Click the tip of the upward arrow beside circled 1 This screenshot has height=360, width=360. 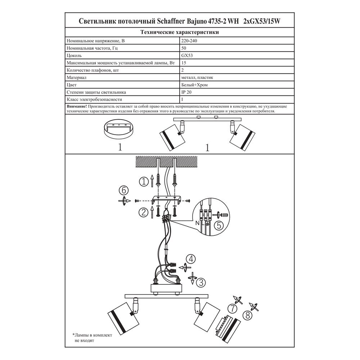pyautogui.click(x=152, y=175)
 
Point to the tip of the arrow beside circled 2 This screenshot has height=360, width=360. pyautogui.click(x=152, y=206)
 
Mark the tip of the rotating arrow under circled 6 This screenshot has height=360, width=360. pyautogui.click(x=130, y=201)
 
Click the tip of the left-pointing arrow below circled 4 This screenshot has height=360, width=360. pyautogui.click(x=179, y=267)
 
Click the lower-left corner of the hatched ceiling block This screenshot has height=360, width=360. pyautogui.click(x=136, y=167)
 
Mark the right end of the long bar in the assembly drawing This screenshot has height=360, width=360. pyautogui.click(x=208, y=296)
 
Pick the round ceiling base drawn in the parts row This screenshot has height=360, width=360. pyautogui.click(x=119, y=129)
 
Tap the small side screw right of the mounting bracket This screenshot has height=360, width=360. pyautogui.click(x=188, y=201)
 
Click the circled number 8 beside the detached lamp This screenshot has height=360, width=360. pyautogui.click(x=248, y=315)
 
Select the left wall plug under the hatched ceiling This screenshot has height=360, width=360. pyautogui.click(x=158, y=179)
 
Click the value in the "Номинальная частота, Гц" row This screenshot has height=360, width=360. pyautogui.click(x=184, y=48)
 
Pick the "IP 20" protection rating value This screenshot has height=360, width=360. pyautogui.click(x=186, y=92)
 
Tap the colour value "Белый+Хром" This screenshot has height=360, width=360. pyautogui.click(x=194, y=85)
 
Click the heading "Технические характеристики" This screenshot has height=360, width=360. pyautogui.click(x=180, y=32)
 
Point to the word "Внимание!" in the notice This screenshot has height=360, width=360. pyautogui.click(x=77, y=107)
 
